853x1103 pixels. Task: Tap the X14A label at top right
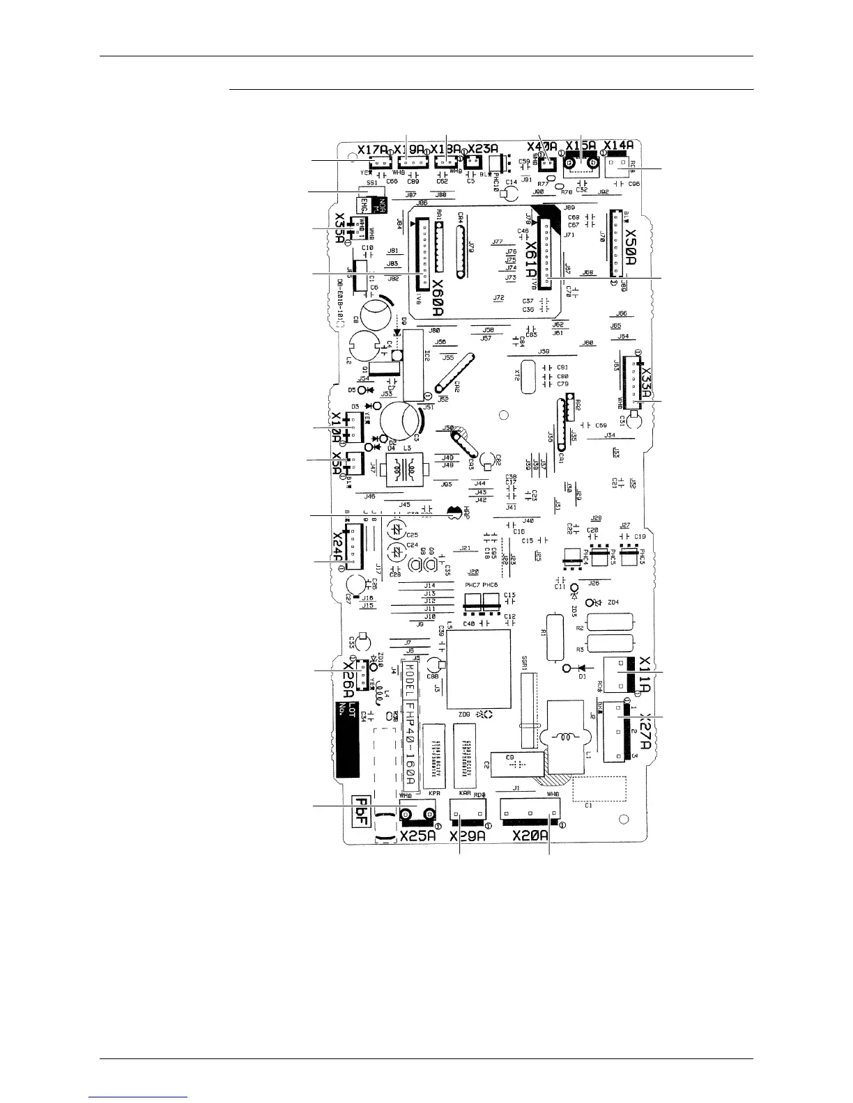(619, 146)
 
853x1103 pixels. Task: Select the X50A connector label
(631, 245)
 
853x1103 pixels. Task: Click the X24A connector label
(337, 547)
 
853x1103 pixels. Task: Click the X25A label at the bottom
(418, 836)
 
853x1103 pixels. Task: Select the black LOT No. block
(347, 738)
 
